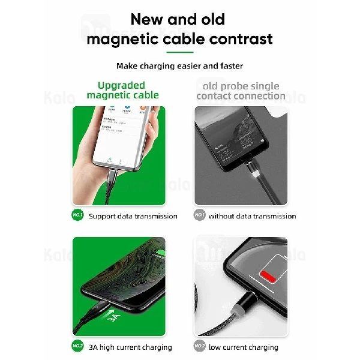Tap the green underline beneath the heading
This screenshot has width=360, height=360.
pos(179,52)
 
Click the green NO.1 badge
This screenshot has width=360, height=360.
pos(78,215)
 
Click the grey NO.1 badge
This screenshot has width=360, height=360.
pos(199,215)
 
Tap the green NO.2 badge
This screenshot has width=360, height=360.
pos(78,346)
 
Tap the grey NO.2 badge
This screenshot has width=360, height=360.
pos(199,346)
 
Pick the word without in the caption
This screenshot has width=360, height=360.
pos(223,216)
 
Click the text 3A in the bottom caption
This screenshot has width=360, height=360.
pos(94,347)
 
